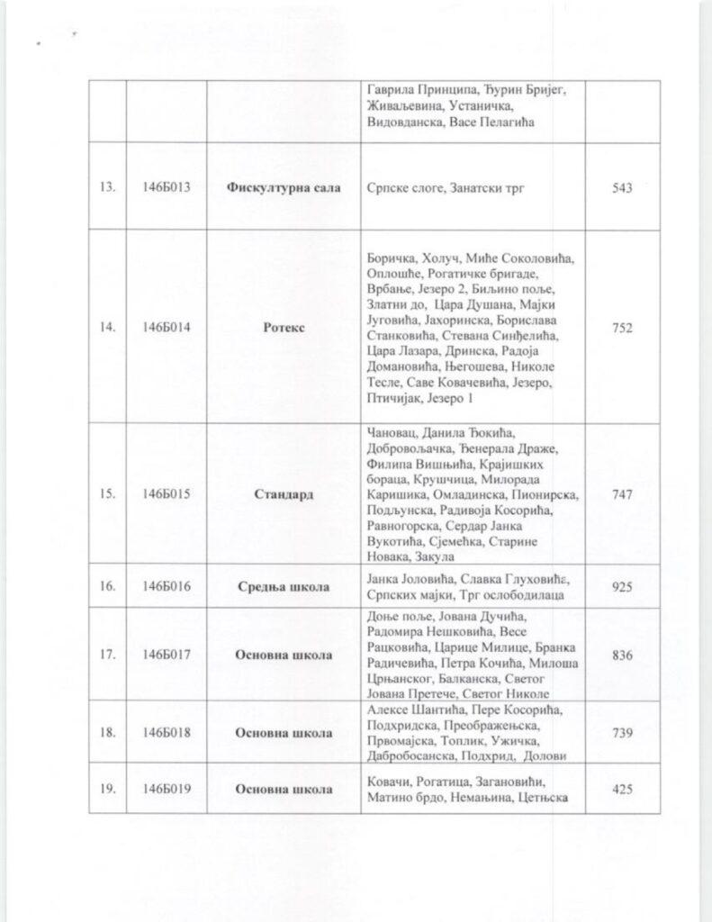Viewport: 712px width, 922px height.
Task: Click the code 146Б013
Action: pos(167,188)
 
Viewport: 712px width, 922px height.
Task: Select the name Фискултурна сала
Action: pos(284,188)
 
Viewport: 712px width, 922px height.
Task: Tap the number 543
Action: pos(621,188)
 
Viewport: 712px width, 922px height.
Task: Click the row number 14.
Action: pos(107,328)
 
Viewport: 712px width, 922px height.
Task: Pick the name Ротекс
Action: pos(284,328)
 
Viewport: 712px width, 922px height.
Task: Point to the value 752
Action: pos(621,328)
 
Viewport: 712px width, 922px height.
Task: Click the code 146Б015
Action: pos(167,493)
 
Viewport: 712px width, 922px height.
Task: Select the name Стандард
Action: pos(284,493)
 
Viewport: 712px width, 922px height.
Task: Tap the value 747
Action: pos(621,493)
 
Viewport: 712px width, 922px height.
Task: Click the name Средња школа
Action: pos(284,587)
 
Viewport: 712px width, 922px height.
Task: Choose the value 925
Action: pos(621,587)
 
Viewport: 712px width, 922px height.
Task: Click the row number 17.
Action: pos(107,655)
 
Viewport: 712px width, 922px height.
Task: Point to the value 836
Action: pos(621,655)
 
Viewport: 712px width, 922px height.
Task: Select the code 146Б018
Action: pos(167,732)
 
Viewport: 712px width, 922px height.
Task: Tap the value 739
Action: pos(621,732)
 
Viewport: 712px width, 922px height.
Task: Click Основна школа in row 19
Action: pos(284,790)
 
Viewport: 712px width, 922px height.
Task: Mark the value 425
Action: pos(621,790)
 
